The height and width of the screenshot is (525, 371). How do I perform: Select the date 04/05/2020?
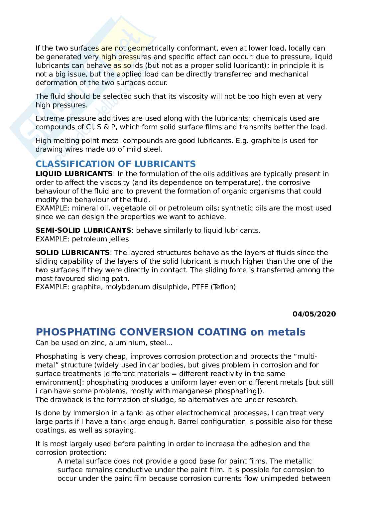pyautogui.click(x=314, y=314)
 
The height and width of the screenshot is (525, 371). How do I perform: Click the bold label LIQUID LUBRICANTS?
pyautogui.click(x=74, y=174)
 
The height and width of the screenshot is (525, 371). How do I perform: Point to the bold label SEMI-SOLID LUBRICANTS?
pyautogui.click(x=83, y=230)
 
